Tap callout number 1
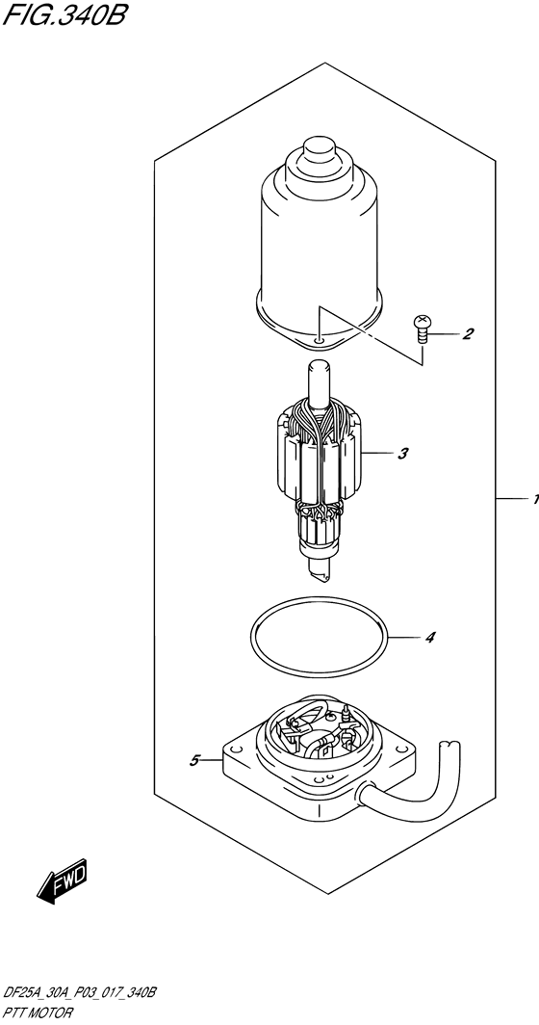[x=532, y=500]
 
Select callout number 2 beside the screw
[x=468, y=335]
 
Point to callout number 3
[x=403, y=452]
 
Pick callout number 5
[x=194, y=761]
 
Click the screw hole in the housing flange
[x=319, y=339]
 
